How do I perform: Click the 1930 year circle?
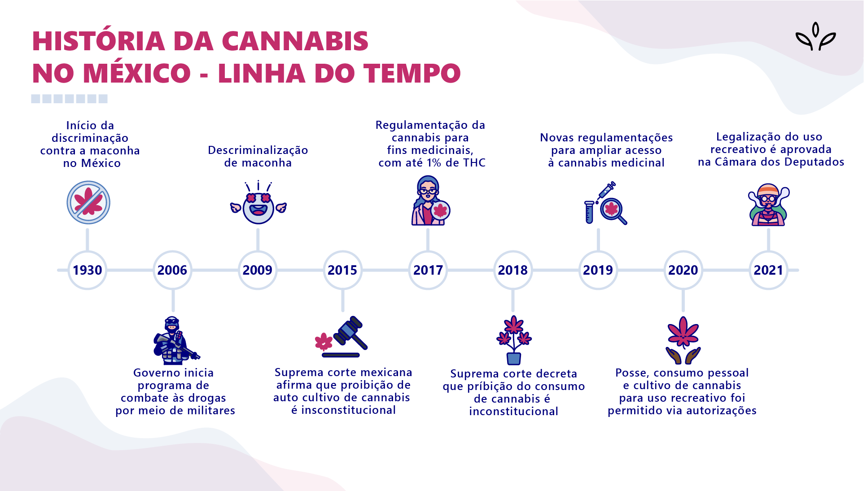(x=87, y=270)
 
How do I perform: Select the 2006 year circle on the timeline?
(x=172, y=270)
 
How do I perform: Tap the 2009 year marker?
(x=258, y=270)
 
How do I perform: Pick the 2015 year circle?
(x=342, y=270)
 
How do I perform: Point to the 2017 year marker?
(x=428, y=270)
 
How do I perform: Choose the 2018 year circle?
(x=513, y=270)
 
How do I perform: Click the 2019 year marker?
(x=598, y=270)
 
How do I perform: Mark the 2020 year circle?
(x=683, y=270)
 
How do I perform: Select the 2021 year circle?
(x=768, y=270)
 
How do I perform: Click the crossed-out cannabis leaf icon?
(x=88, y=202)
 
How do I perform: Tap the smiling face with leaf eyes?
(x=258, y=206)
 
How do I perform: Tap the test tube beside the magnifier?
(x=589, y=212)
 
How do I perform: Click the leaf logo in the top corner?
(x=815, y=37)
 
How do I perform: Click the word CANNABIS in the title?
(x=295, y=41)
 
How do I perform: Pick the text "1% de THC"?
(x=456, y=163)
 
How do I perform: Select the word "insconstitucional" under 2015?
(x=348, y=410)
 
